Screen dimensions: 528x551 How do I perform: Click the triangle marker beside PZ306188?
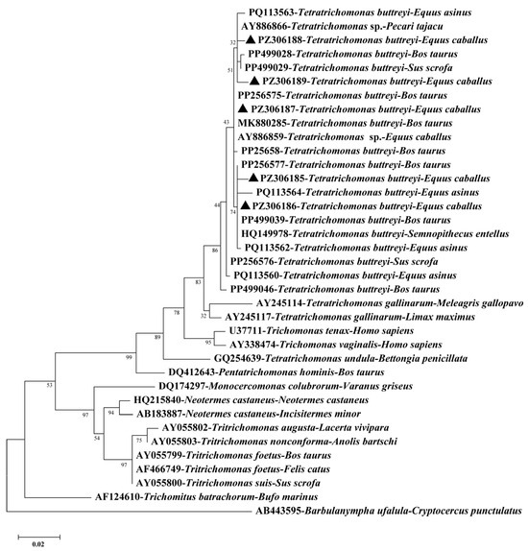pos(251,39)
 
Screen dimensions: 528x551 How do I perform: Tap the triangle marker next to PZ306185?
pos(253,178)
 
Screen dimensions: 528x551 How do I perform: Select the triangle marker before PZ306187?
pos(243,108)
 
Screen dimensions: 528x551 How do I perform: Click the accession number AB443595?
pos(279,511)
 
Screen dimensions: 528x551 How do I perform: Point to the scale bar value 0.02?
pos(38,544)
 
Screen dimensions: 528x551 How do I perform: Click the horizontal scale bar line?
pos(39,537)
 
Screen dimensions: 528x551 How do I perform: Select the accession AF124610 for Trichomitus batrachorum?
pos(118,497)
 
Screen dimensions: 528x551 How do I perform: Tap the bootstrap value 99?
pos(129,357)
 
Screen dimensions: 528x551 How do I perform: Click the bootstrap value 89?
pos(157,337)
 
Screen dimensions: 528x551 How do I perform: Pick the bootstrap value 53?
pos(49,385)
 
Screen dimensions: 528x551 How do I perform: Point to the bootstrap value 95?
pos(208,343)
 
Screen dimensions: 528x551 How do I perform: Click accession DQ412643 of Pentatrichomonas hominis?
pos(192,372)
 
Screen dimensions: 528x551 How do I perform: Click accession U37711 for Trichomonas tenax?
pos(246,330)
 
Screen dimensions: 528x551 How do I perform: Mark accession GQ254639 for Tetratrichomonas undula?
pos(238,358)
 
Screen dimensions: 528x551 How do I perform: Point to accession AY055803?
pos(175,442)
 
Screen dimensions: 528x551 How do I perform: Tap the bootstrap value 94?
pos(111,413)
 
